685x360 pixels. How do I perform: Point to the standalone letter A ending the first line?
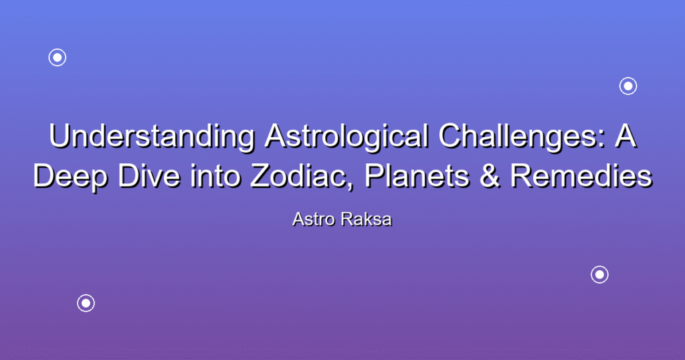tap(625, 136)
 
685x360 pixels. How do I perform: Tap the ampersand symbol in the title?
tap(490, 176)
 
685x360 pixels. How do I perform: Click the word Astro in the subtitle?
tap(313, 219)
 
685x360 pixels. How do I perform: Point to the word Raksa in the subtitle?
tap(367, 219)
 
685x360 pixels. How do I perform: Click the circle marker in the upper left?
tap(58, 49)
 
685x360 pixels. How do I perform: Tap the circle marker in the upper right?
tap(628, 78)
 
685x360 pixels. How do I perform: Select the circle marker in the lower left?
tap(86, 295)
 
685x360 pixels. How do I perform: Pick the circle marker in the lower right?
tap(600, 266)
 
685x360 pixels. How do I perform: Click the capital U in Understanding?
tap(60, 137)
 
